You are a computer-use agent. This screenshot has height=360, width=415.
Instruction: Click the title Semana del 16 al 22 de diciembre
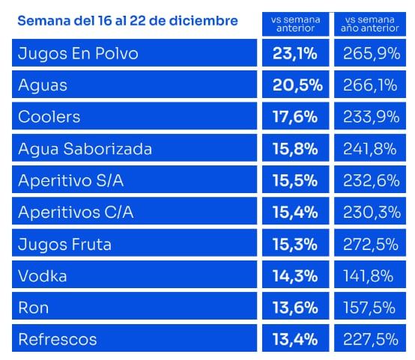127,21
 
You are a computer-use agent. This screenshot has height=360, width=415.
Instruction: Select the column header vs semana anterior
295,24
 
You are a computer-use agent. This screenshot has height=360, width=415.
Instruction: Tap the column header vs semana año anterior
370,24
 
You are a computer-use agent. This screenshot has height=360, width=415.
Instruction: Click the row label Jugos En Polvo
78,53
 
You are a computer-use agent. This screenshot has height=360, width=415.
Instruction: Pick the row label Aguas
43,85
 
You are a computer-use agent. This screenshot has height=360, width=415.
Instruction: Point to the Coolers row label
49,117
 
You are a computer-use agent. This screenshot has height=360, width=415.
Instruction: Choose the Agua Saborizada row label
85,148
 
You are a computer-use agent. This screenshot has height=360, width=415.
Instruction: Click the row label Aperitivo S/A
70,180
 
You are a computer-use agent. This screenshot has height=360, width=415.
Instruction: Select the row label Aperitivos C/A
76,212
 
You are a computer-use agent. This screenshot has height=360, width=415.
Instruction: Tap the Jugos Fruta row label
64,244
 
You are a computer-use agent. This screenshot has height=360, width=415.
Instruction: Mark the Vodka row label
43,275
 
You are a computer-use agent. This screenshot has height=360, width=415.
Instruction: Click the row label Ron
34,308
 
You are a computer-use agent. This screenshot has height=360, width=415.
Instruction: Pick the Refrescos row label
58,339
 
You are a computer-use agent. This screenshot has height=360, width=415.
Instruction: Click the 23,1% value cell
295,53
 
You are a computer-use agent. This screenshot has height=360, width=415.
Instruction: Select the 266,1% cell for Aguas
370,85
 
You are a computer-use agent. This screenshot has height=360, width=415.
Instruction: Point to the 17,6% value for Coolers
295,117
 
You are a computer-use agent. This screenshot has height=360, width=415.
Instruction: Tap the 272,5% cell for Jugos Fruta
371,244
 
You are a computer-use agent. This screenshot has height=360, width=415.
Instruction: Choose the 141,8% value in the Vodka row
368,275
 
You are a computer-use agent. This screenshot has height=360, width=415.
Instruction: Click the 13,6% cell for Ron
295,308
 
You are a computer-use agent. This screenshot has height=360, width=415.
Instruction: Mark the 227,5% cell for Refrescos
371,339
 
